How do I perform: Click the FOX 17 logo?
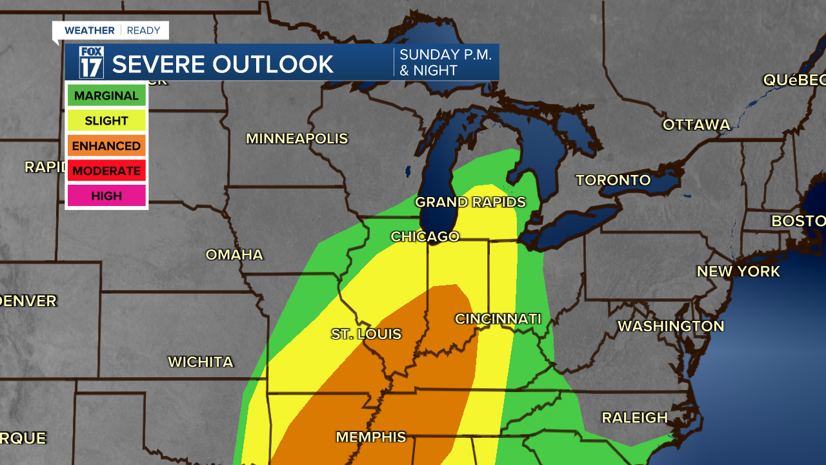click(91, 63)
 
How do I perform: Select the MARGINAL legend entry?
click(106, 96)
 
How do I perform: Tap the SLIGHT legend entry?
click(106, 121)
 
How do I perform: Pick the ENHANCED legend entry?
click(106, 146)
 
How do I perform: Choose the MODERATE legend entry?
click(106, 171)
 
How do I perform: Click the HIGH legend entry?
click(106, 196)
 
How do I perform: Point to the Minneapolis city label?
click(297, 139)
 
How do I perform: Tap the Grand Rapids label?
click(470, 202)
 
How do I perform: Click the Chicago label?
click(425, 237)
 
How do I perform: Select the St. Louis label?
click(366, 335)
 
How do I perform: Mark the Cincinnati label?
click(498, 319)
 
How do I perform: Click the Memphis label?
click(371, 437)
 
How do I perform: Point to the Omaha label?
click(234, 255)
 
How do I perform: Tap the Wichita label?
click(201, 362)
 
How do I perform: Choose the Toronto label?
click(613, 180)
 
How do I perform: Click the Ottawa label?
click(696, 125)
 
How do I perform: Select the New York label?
click(738, 272)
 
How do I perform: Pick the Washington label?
click(671, 327)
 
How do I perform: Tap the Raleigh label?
click(634, 418)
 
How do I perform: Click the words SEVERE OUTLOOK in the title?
click(223, 64)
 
